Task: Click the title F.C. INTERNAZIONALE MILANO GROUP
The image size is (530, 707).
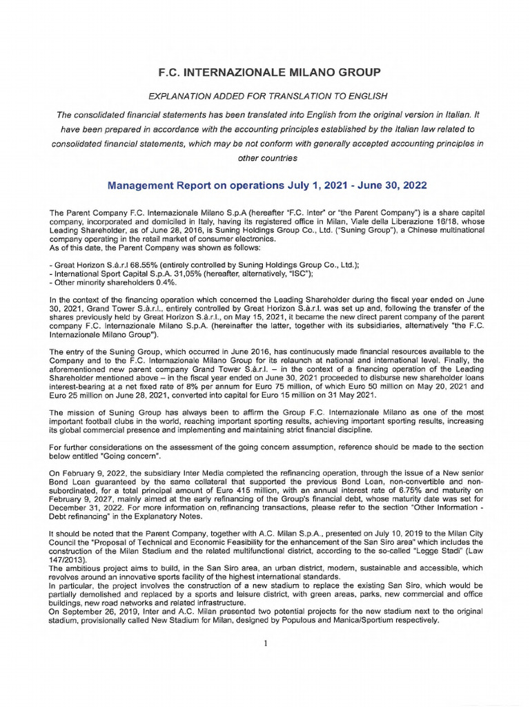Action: pyautogui.click(x=265, y=72)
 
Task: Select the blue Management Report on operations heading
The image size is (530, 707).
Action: pyautogui.click(x=268, y=186)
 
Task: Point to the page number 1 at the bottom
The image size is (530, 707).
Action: pyautogui.click(x=265, y=643)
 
